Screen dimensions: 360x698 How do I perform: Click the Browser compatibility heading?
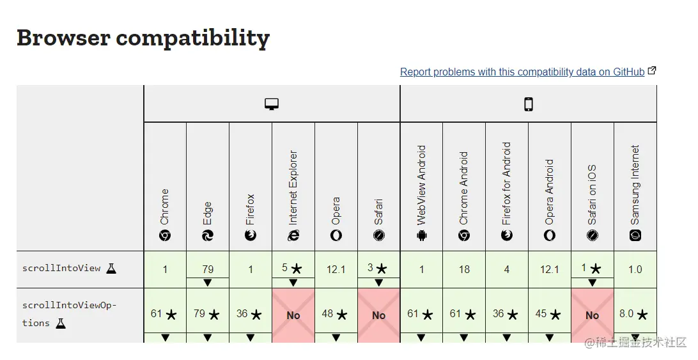coord(143,38)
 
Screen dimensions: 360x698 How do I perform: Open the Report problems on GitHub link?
coord(522,72)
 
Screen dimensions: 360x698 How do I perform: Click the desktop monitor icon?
coord(272,104)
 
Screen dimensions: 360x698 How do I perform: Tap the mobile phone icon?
coord(529,104)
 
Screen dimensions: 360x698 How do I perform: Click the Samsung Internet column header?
coord(635,192)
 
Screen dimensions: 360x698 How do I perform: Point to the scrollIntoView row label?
coord(61,269)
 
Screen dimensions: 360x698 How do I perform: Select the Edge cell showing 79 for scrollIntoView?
coord(208,269)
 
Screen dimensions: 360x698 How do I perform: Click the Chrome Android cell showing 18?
coord(464,269)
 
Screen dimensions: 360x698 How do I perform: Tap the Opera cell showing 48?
coord(336,314)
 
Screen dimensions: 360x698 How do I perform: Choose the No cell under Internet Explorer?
coord(293,315)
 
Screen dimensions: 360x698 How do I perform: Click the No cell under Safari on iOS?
coord(593,315)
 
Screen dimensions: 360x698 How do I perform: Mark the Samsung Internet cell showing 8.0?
coord(635,314)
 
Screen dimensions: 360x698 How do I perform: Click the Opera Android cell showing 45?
coord(550,314)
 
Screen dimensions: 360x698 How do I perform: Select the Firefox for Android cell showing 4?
coord(507,269)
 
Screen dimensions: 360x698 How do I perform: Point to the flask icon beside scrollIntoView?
coord(111,269)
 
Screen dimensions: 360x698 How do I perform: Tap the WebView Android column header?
coord(421,192)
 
